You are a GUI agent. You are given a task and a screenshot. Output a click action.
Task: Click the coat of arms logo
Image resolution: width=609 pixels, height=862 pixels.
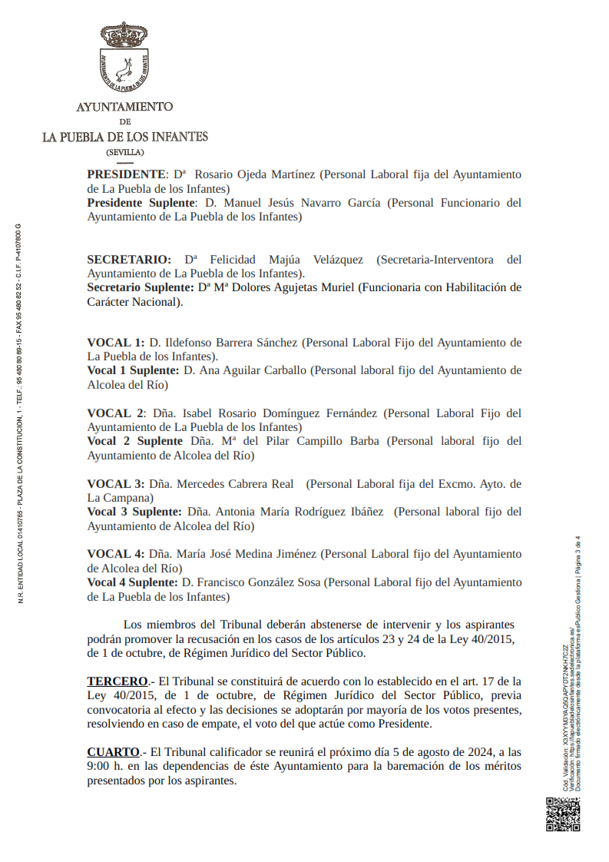[124, 58]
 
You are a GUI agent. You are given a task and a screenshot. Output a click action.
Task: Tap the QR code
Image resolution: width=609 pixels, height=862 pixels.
[562, 814]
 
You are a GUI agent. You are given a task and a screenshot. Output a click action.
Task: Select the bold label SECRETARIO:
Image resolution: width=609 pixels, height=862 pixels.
[129, 260]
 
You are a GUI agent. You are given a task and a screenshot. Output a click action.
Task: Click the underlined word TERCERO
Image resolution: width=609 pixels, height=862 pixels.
[117, 681]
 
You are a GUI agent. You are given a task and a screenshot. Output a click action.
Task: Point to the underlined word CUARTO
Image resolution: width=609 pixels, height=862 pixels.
[113, 752]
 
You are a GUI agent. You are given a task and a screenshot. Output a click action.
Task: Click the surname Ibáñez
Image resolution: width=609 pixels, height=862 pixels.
[360, 512]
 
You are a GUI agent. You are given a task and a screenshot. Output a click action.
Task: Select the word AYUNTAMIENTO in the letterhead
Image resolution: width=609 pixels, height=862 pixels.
[124, 107]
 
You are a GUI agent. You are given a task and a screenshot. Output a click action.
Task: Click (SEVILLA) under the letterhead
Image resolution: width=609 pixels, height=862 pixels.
[125, 152]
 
